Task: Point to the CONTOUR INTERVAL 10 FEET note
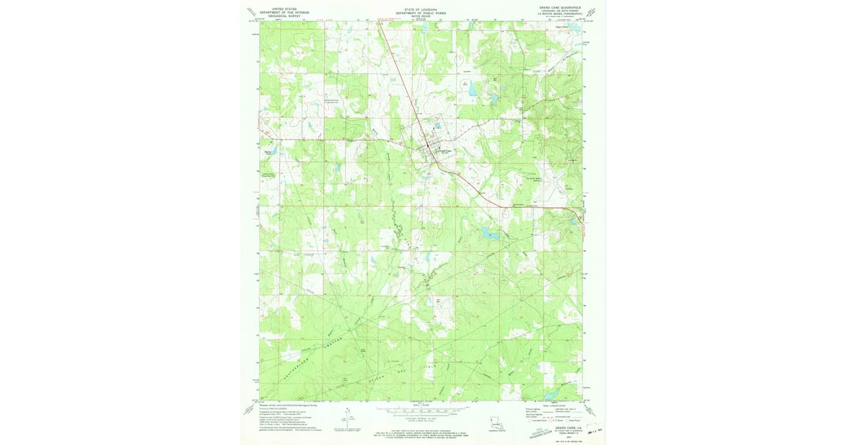[x=421, y=418]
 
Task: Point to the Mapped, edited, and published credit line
[x=282, y=405]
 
